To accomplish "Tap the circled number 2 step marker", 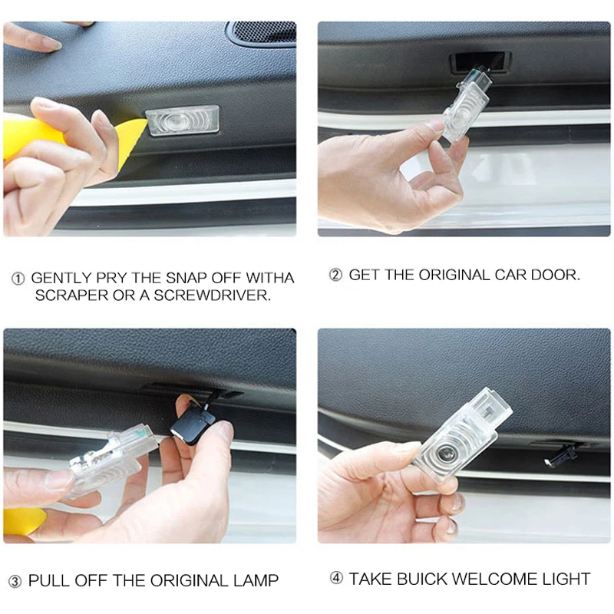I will pyautogui.click(x=335, y=275).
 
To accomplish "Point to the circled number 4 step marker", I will pyautogui.click(x=335, y=579).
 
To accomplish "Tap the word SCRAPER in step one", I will pyautogui.click(x=72, y=295).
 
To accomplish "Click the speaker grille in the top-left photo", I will pyautogui.click(x=262, y=32).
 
